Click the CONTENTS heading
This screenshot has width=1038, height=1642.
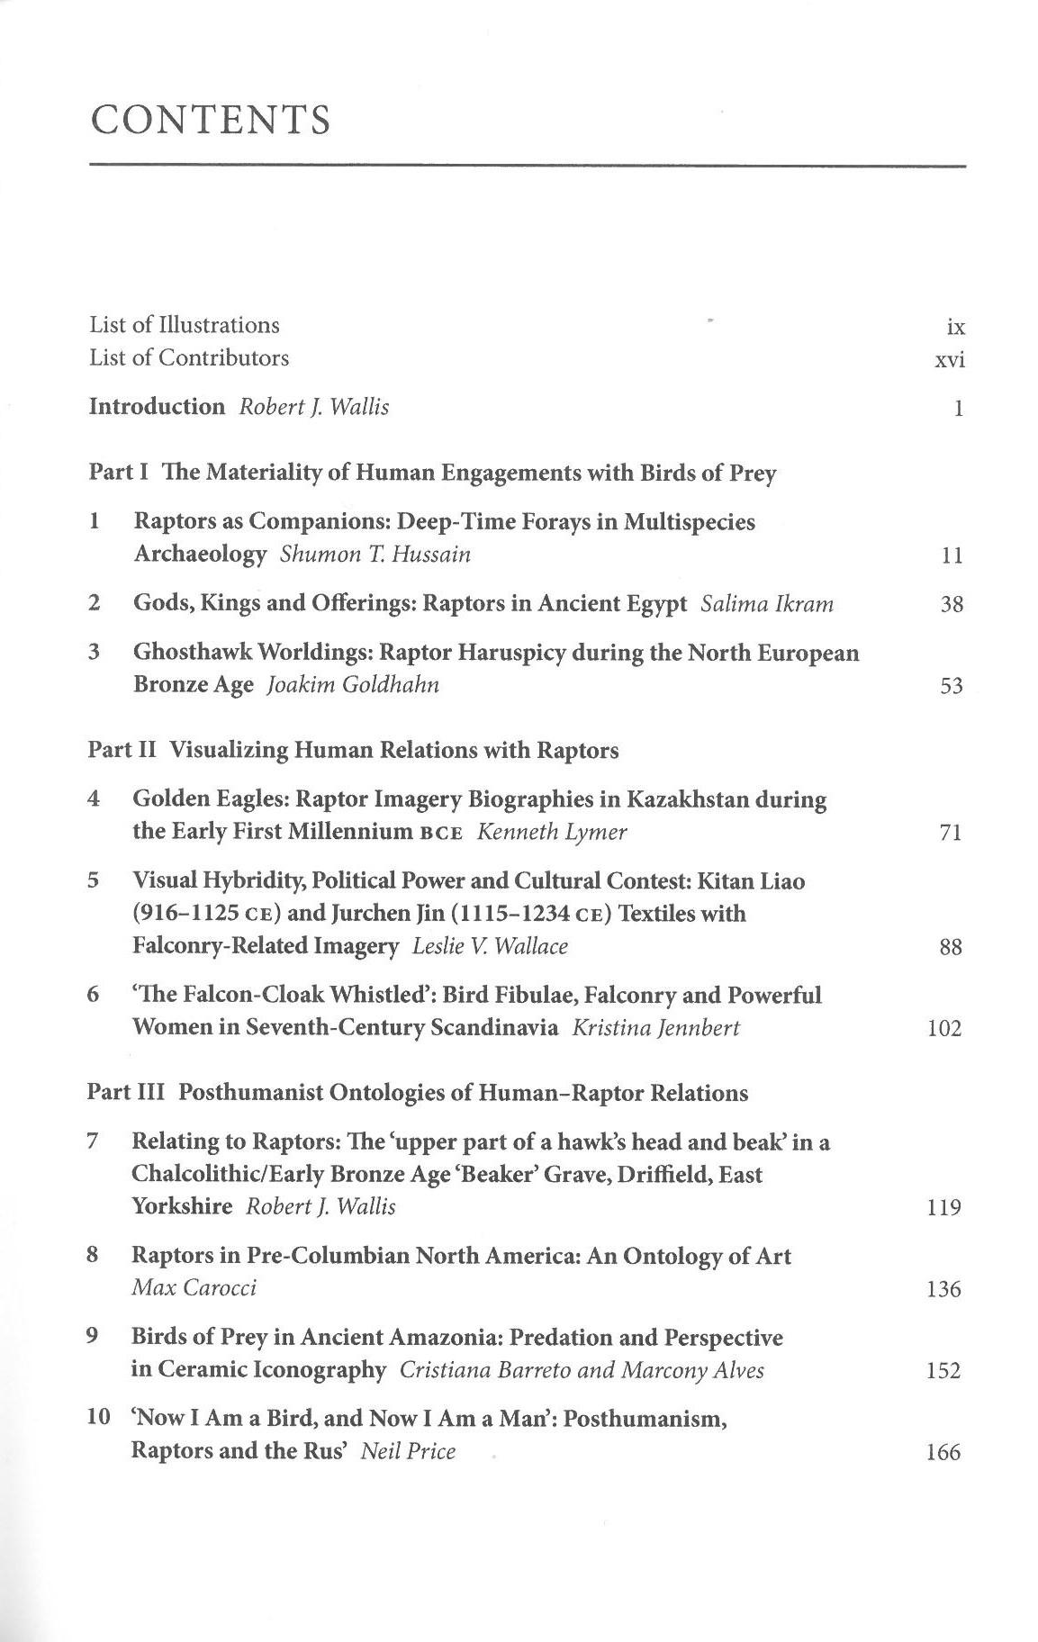tap(211, 120)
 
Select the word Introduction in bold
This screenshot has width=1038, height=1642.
tap(157, 407)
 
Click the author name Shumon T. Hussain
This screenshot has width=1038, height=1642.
tap(375, 554)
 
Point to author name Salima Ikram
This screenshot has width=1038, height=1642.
tap(767, 603)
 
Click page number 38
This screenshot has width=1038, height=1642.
tap(952, 605)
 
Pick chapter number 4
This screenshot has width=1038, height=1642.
tap(94, 798)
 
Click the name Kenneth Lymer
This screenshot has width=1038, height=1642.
tap(552, 832)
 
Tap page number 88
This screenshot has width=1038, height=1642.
tap(951, 947)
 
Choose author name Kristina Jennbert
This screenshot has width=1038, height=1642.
tap(655, 1028)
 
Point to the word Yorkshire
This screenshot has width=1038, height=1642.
tap(182, 1206)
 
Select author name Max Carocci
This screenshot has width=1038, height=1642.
tap(194, 1287)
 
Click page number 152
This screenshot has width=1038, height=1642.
tap(943, 1371)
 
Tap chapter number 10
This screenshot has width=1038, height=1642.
tap(97, 1418)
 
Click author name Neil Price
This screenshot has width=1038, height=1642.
tap(408, 1451)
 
